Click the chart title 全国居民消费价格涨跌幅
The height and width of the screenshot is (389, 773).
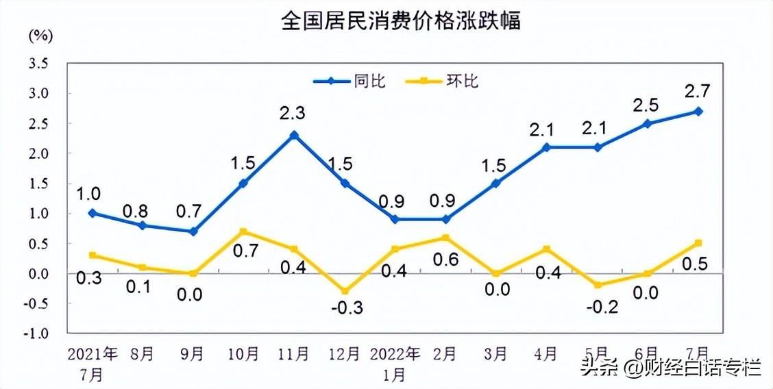pyautogui.click(x=401, y=20)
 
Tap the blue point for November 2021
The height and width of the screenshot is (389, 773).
pyautogui.click(x=294, y=135)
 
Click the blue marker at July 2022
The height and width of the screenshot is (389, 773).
pyautogui.click(x=698, y=111)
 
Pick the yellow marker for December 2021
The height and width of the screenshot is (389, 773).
pyautogui.click(x=345, y=291)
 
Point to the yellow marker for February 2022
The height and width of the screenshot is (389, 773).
pyautogui.click(x=445, y=238)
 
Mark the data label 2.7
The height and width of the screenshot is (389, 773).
pyautogui.click(x=698, y=91)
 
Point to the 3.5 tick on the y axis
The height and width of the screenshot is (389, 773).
pyautogui.click(x=38, y=64)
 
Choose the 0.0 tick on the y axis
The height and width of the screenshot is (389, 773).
pyautogui.click(x=38, y=273)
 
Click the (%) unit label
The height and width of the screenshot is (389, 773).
pyautogui.click(x=40, y=36)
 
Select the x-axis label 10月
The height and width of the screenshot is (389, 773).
pyautogui.click(x=243, y=354)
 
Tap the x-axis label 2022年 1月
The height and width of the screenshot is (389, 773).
pyautogui.click(x=395, y=364)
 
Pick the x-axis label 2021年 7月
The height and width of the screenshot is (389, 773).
pyautogui.click(x=93, y=364)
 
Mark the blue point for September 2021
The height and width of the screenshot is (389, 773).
pyautogui.click(x=193, y=231)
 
